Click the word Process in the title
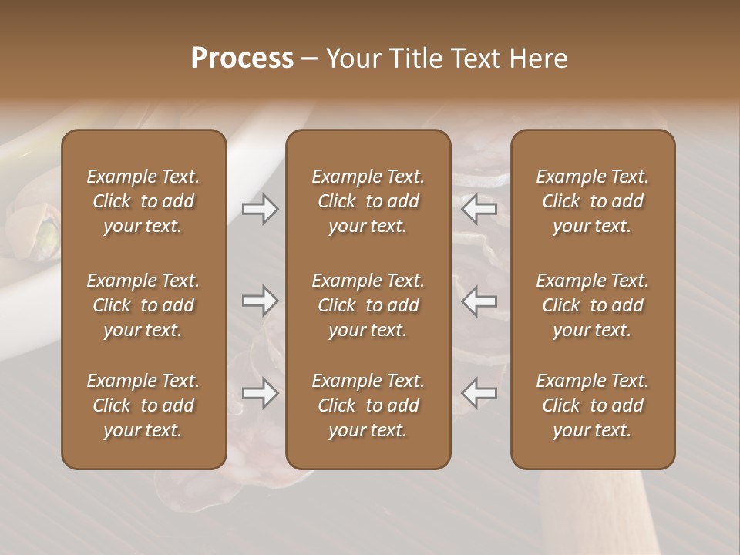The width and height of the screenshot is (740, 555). [x=242, y=59]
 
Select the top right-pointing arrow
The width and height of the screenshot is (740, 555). [x=260, y=209]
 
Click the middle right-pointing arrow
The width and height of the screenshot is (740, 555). [x=260, y=301]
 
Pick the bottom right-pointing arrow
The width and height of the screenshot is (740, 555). [x=260, y=393]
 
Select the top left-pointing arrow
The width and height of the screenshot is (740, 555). [x=479, y=209]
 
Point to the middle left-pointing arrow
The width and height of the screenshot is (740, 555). [x=479, y=301]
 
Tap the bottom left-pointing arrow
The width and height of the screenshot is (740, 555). [x=479, y=393]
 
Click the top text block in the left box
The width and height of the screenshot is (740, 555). [x=143, y=201]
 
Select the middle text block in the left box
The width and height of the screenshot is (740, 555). [x=143, y=305]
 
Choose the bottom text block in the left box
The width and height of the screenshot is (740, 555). [x=143, y=405]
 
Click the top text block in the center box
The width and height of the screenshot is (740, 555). [x=368, y=201]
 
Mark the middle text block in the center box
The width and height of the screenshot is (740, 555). [x=368, y=305]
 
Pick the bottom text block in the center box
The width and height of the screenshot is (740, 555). [x=368, y=405]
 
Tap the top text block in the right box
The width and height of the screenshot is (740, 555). [x=593, y=201]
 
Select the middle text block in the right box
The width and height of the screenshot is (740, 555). [x=593, y=305]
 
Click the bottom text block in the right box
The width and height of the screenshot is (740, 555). [x=593, y=405]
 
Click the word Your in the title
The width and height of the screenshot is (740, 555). [x=351, y=59]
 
